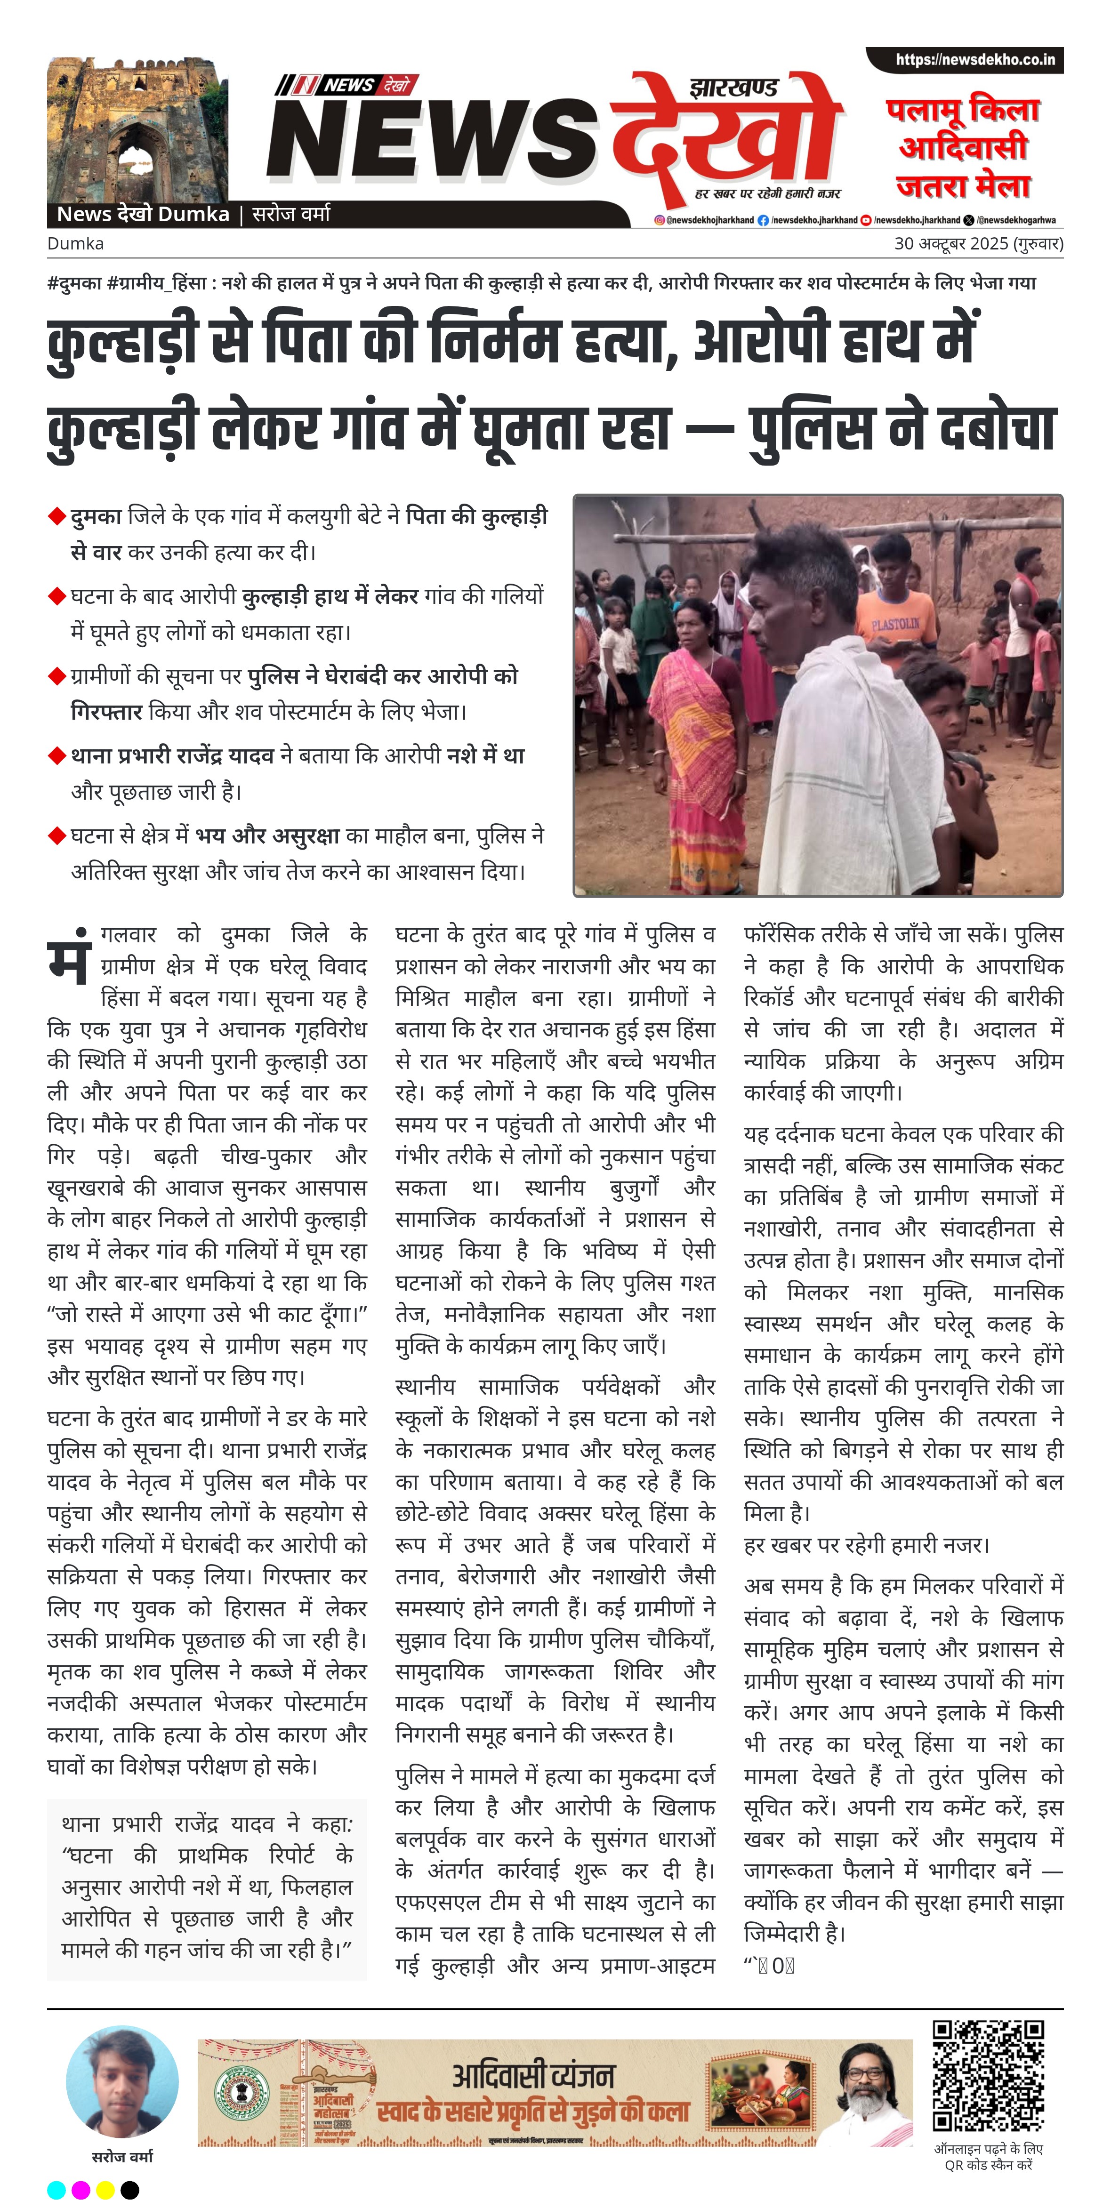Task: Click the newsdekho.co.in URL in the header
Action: pos(974,60)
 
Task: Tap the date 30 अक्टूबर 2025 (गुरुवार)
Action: pos(978,243)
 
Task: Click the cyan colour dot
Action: pos(56,2189)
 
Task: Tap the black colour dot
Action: pos(130,2189)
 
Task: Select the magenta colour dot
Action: pos(81,2189)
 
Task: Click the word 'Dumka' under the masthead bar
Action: pos(75,243)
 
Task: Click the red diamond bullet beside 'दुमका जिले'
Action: pos(57,517)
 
